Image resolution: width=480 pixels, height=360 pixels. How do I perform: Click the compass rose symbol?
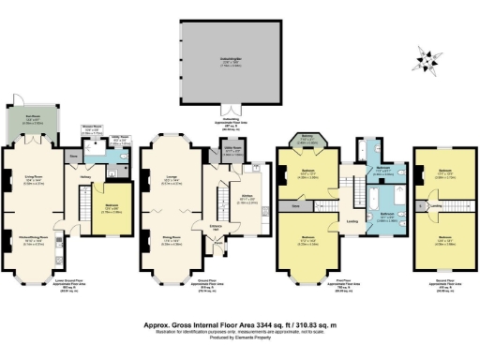pos(431,63)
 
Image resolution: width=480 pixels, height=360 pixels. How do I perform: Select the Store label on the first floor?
pos(295,202)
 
